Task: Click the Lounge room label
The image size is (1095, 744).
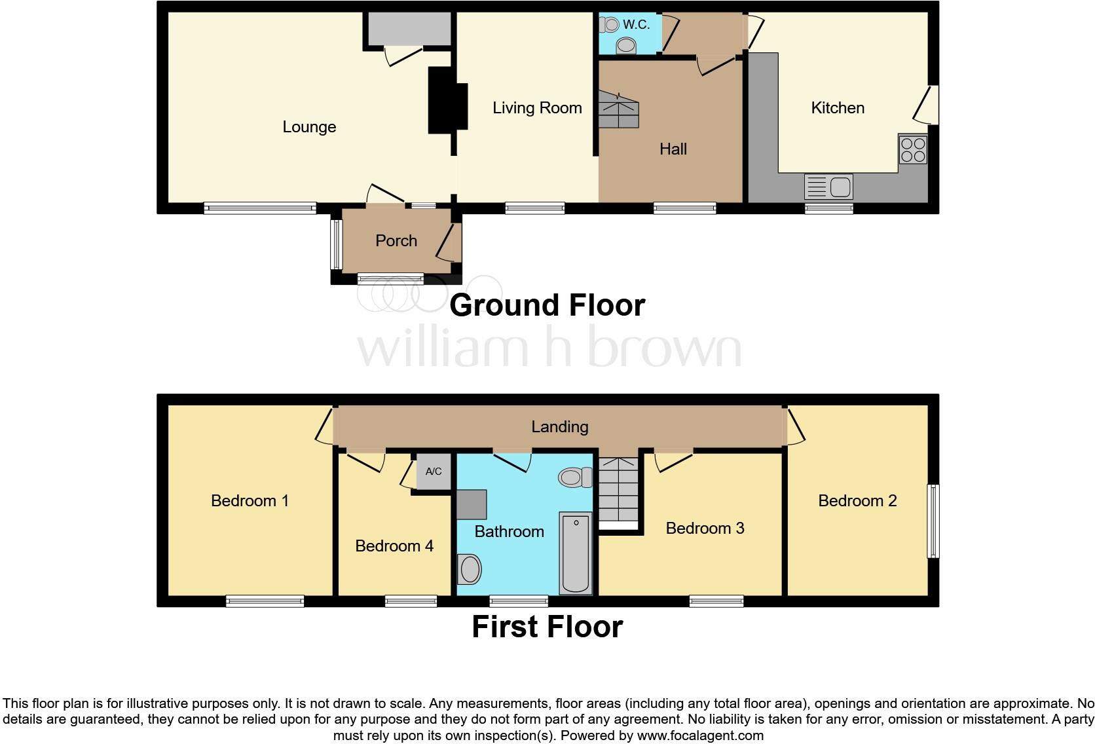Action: tap(309, 127)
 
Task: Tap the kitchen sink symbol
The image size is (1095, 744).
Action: tap(828, 187)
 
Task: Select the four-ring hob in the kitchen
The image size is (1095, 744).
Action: tap(912, 149)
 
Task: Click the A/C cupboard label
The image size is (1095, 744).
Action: tap(434, 472)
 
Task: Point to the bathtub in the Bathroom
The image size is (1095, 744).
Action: tap(576, 553)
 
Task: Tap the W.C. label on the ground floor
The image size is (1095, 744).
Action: tap(636, 25)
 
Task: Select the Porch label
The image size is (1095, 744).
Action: tap(396, 241)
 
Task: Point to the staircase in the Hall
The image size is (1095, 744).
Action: tap(618, 110)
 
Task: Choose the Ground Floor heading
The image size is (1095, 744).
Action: tap(547, 305)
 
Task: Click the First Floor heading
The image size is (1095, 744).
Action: tap(547, 627)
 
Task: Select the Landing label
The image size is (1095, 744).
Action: tap(559, 427)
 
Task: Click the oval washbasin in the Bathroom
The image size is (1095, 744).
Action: tap(470, 568)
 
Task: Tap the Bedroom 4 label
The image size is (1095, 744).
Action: tap(394, 546)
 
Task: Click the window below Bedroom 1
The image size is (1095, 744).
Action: tap(265, 601)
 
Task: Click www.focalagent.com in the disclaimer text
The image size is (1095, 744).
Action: tap(699, 735)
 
